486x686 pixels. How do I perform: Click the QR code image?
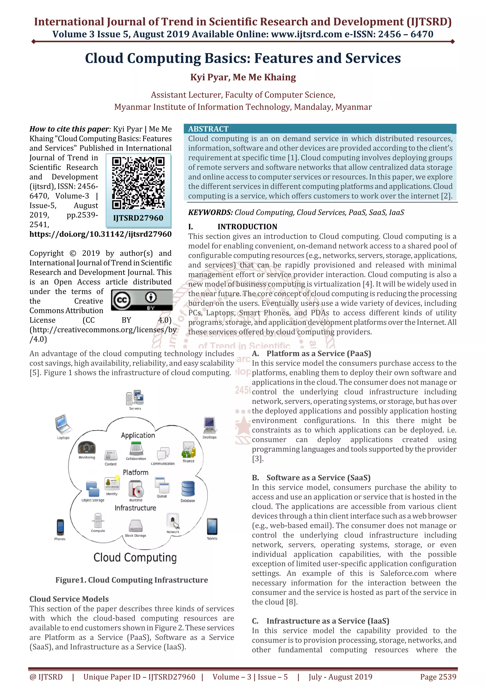(x=138, y=183)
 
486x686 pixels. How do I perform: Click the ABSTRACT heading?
(x=208, y=129)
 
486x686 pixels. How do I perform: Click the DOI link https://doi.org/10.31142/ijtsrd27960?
(x=101, y=234)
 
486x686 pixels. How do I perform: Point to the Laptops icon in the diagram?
(x=63, y=424)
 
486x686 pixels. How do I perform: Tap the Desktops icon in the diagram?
(x=210, y=425)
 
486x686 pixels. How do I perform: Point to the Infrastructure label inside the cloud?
(x=135, y=508)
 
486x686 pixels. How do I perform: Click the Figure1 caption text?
(x=132, y=580)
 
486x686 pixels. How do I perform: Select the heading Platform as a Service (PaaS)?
(x=318, y=353)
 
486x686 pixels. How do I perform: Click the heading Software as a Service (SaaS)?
(x=318, y=478)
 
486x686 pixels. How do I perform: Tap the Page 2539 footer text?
(x=438, y=677)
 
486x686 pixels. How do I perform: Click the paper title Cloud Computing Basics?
(x=243, y=58)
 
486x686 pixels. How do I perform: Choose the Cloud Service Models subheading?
(x=69, y=599)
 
